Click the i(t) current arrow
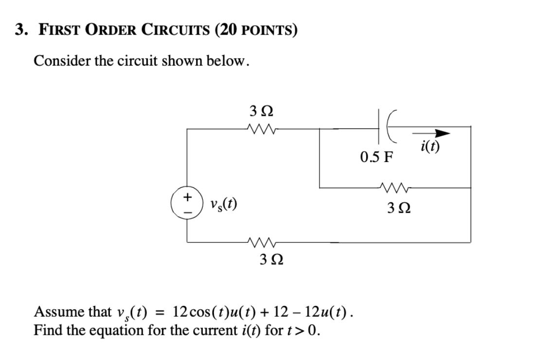pos(432,133)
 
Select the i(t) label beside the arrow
pos(430,146)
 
